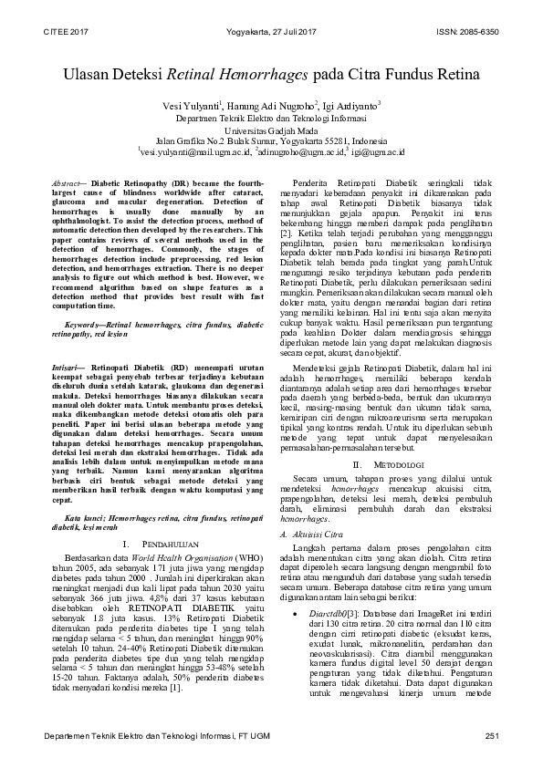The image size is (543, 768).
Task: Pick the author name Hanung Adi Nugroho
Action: (276, 107)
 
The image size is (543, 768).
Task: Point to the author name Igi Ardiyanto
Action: (351, 107)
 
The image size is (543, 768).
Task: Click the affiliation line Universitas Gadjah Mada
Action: (271, 131)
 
